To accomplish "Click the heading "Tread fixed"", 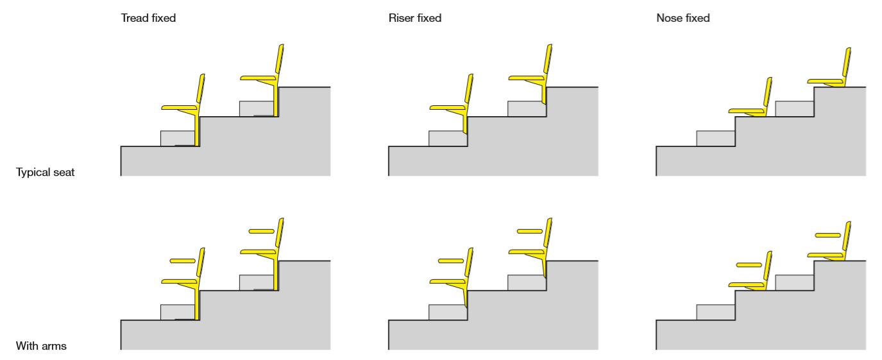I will pos(148,19).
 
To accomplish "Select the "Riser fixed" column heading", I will pos(415,19).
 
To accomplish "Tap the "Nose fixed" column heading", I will pos(683,19).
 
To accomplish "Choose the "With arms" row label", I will pos(40,347).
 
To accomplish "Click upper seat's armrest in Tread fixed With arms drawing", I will pos(261,230).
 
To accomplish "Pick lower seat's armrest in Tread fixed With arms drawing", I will pos(182,261).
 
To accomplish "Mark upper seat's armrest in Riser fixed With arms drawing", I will pos(529,230).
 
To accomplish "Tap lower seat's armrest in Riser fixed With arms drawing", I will pos(450,261).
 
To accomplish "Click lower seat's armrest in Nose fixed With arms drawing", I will pos(749,264).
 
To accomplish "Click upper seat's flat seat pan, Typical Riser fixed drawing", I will pos(525,78).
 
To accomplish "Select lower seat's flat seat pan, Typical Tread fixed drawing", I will pos(178,107).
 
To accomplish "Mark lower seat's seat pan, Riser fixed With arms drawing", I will pos(446,281).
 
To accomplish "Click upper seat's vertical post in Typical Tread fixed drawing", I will pos(276,100).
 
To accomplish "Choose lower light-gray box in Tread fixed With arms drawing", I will pos(178,312).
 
